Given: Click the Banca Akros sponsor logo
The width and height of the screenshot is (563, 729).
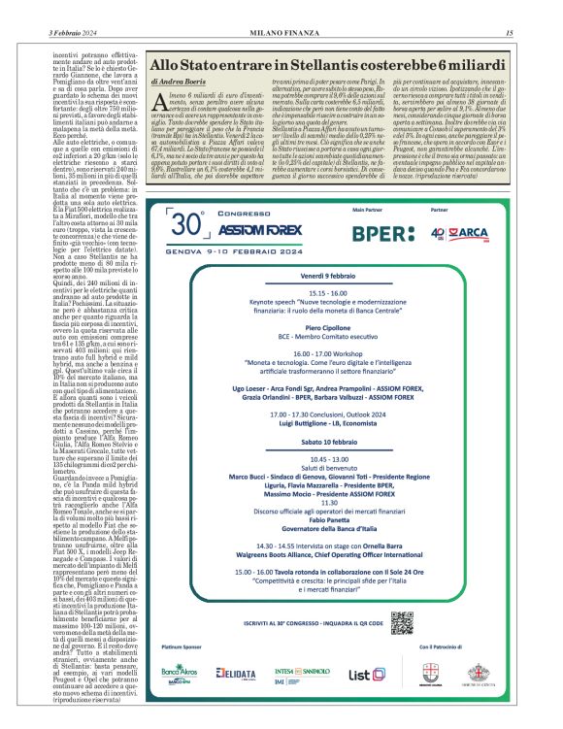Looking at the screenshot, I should click(179, 673).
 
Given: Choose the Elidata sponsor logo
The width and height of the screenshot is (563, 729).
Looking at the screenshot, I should click(235, 673).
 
